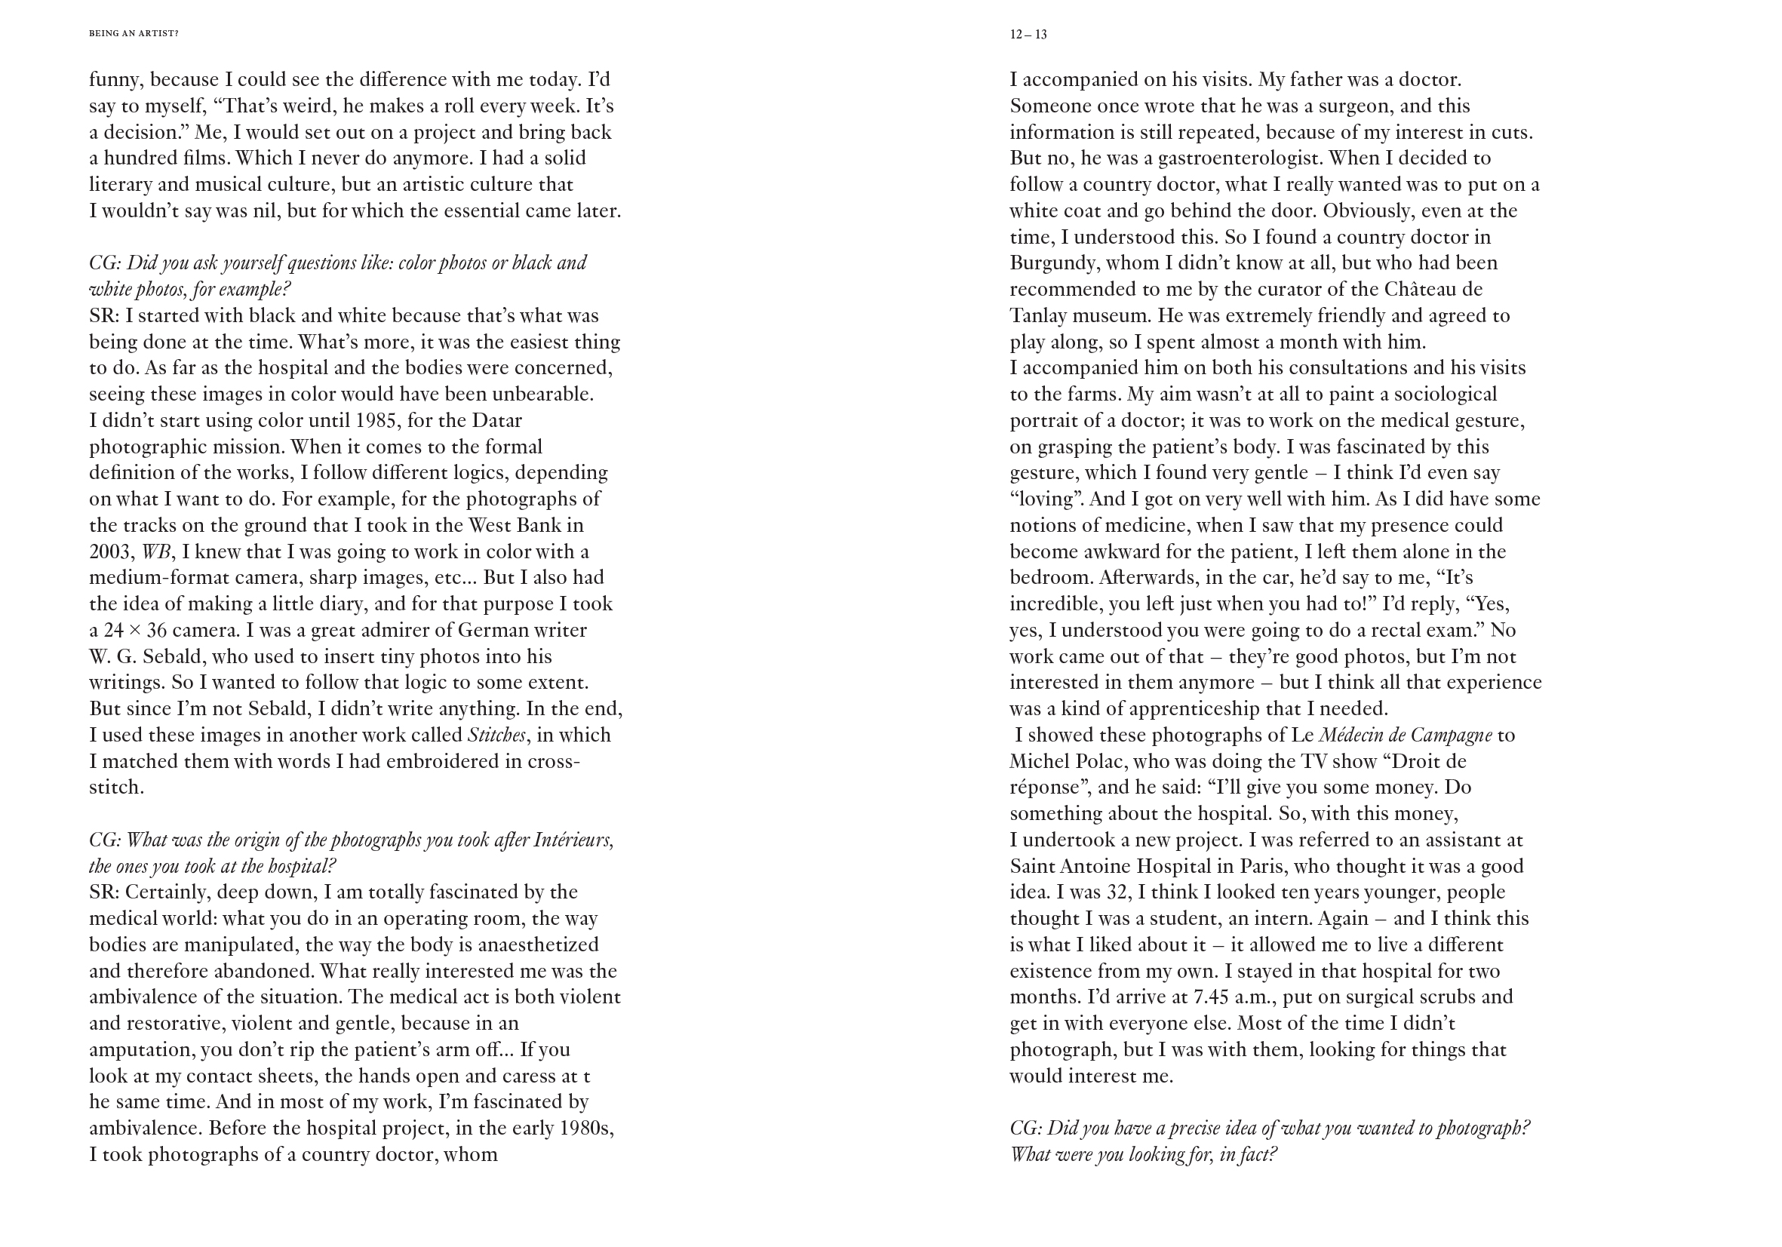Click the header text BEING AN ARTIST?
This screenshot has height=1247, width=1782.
pyautogui.click(x=134, y=34)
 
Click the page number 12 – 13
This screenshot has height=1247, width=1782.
pyautogui.click(x=1028, y=35)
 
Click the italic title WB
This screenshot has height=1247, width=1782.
pyautogui.click(x=156, y=552)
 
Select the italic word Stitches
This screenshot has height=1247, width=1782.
pyautogui.click(x=496, y=736)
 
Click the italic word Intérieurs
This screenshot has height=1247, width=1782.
pyautogui.click(x=573, y=840)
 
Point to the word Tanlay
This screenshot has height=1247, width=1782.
pyautogui.click(x=1038, y=317)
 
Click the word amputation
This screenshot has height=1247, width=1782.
pyautogui.click(x=141, y=1051)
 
